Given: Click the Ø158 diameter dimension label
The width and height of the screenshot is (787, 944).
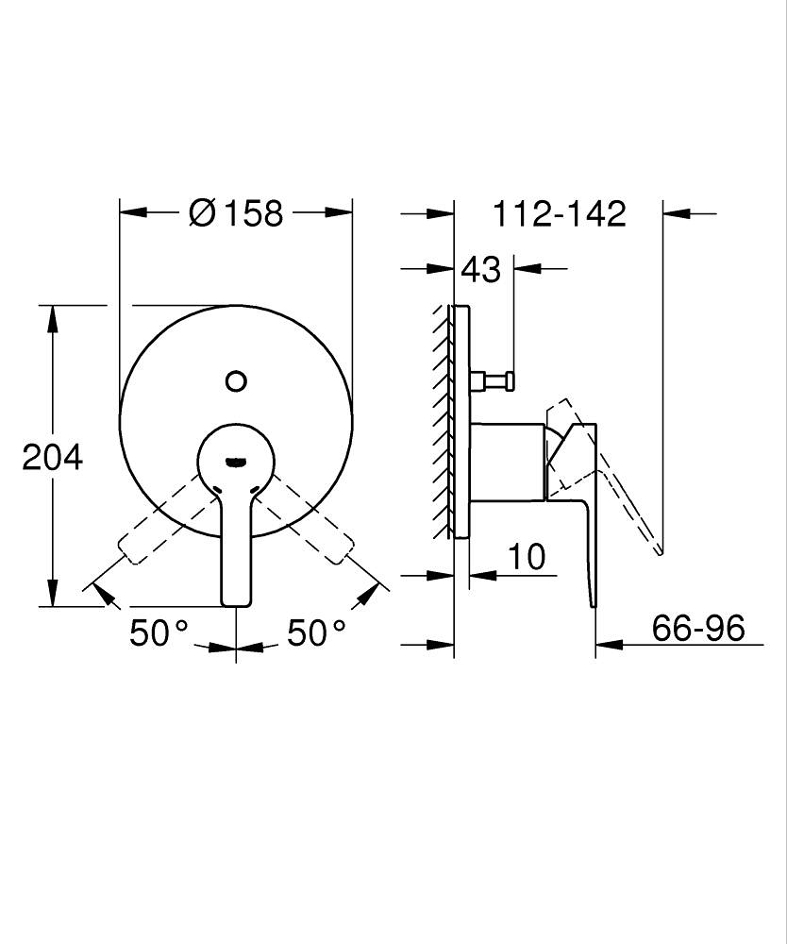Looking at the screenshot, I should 236,213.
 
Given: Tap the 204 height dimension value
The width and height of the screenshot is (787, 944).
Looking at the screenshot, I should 53,457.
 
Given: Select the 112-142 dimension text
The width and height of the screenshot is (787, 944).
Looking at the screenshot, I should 560,214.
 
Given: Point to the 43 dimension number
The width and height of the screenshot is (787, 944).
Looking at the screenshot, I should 480,269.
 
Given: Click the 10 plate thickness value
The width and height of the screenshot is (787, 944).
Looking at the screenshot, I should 527,557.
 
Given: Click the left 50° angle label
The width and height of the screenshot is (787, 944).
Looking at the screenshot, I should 159,632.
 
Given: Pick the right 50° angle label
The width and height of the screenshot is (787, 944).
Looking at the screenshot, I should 316,632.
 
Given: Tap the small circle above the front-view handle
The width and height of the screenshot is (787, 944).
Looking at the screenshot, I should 236,381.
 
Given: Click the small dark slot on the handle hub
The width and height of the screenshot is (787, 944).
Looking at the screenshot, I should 235,462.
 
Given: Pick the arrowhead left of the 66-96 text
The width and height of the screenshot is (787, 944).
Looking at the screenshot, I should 609,646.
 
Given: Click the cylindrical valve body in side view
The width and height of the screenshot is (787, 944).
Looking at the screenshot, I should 508,461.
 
